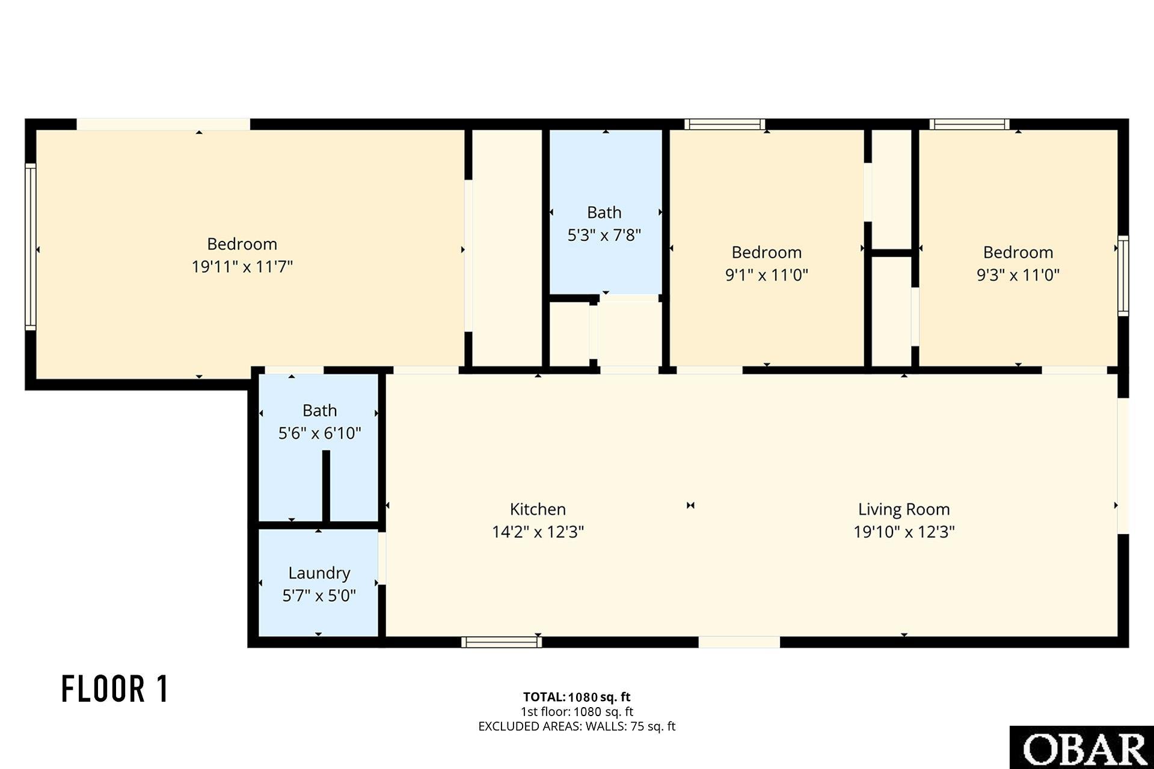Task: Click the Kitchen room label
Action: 538,509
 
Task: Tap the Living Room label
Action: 904,509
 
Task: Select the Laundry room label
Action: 319,573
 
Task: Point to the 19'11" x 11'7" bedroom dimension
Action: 242,266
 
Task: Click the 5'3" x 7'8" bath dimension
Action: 604,235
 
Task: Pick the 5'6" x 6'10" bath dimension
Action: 319,433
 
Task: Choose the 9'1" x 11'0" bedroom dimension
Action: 766,275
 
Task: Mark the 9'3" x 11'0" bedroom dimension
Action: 1017,275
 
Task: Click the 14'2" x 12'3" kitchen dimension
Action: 538,532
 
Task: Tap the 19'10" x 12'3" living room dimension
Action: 904,532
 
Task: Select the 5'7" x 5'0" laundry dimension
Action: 319,595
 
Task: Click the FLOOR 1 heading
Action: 115,688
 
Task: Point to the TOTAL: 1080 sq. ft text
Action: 577,697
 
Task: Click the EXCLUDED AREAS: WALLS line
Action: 577,726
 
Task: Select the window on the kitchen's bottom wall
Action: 502,642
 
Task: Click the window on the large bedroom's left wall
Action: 30,246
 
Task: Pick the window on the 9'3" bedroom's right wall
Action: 1123,276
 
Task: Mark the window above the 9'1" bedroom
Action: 725,124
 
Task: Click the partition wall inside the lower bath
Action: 326,486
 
